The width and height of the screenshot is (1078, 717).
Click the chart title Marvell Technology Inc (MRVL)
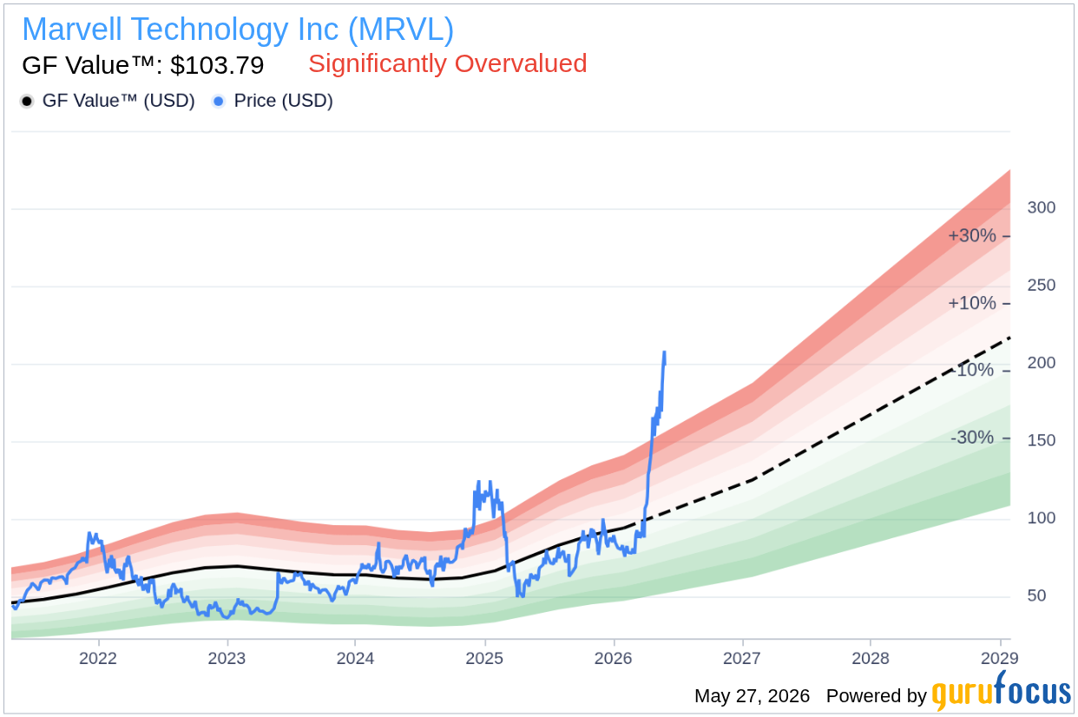tap(238, 30)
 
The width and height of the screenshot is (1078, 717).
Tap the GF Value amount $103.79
tap(217, 65)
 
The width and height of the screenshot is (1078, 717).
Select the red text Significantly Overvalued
tap(448, 63)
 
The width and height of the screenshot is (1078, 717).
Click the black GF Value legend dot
tap(27, 102)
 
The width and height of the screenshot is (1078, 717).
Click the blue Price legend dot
tap(219, 102)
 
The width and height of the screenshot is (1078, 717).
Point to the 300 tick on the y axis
tap(1041, 207)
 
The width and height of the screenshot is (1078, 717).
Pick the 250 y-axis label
tap(1041, 285)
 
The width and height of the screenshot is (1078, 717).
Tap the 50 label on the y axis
tap(1036, 595)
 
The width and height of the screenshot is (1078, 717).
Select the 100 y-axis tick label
tap(1041, 517)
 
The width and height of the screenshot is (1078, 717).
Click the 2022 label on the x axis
tap(98, 658)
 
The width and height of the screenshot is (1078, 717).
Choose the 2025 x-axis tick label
tap(484, 658)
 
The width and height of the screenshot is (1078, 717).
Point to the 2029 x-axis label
tap(1000, 658)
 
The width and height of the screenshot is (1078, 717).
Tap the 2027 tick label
tap(742, 658)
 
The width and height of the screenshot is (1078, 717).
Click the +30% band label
tap(972, 236)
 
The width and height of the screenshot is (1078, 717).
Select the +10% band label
tap(972, 303)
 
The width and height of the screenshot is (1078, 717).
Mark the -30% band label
tap(972, 437)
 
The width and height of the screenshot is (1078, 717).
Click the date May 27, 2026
tap(753, 696)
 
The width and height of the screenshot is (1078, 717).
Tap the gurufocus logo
tap(1001, 692)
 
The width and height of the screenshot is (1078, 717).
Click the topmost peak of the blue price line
tap(665, 352)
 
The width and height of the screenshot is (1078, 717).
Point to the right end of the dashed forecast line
tap(1009, 338)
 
